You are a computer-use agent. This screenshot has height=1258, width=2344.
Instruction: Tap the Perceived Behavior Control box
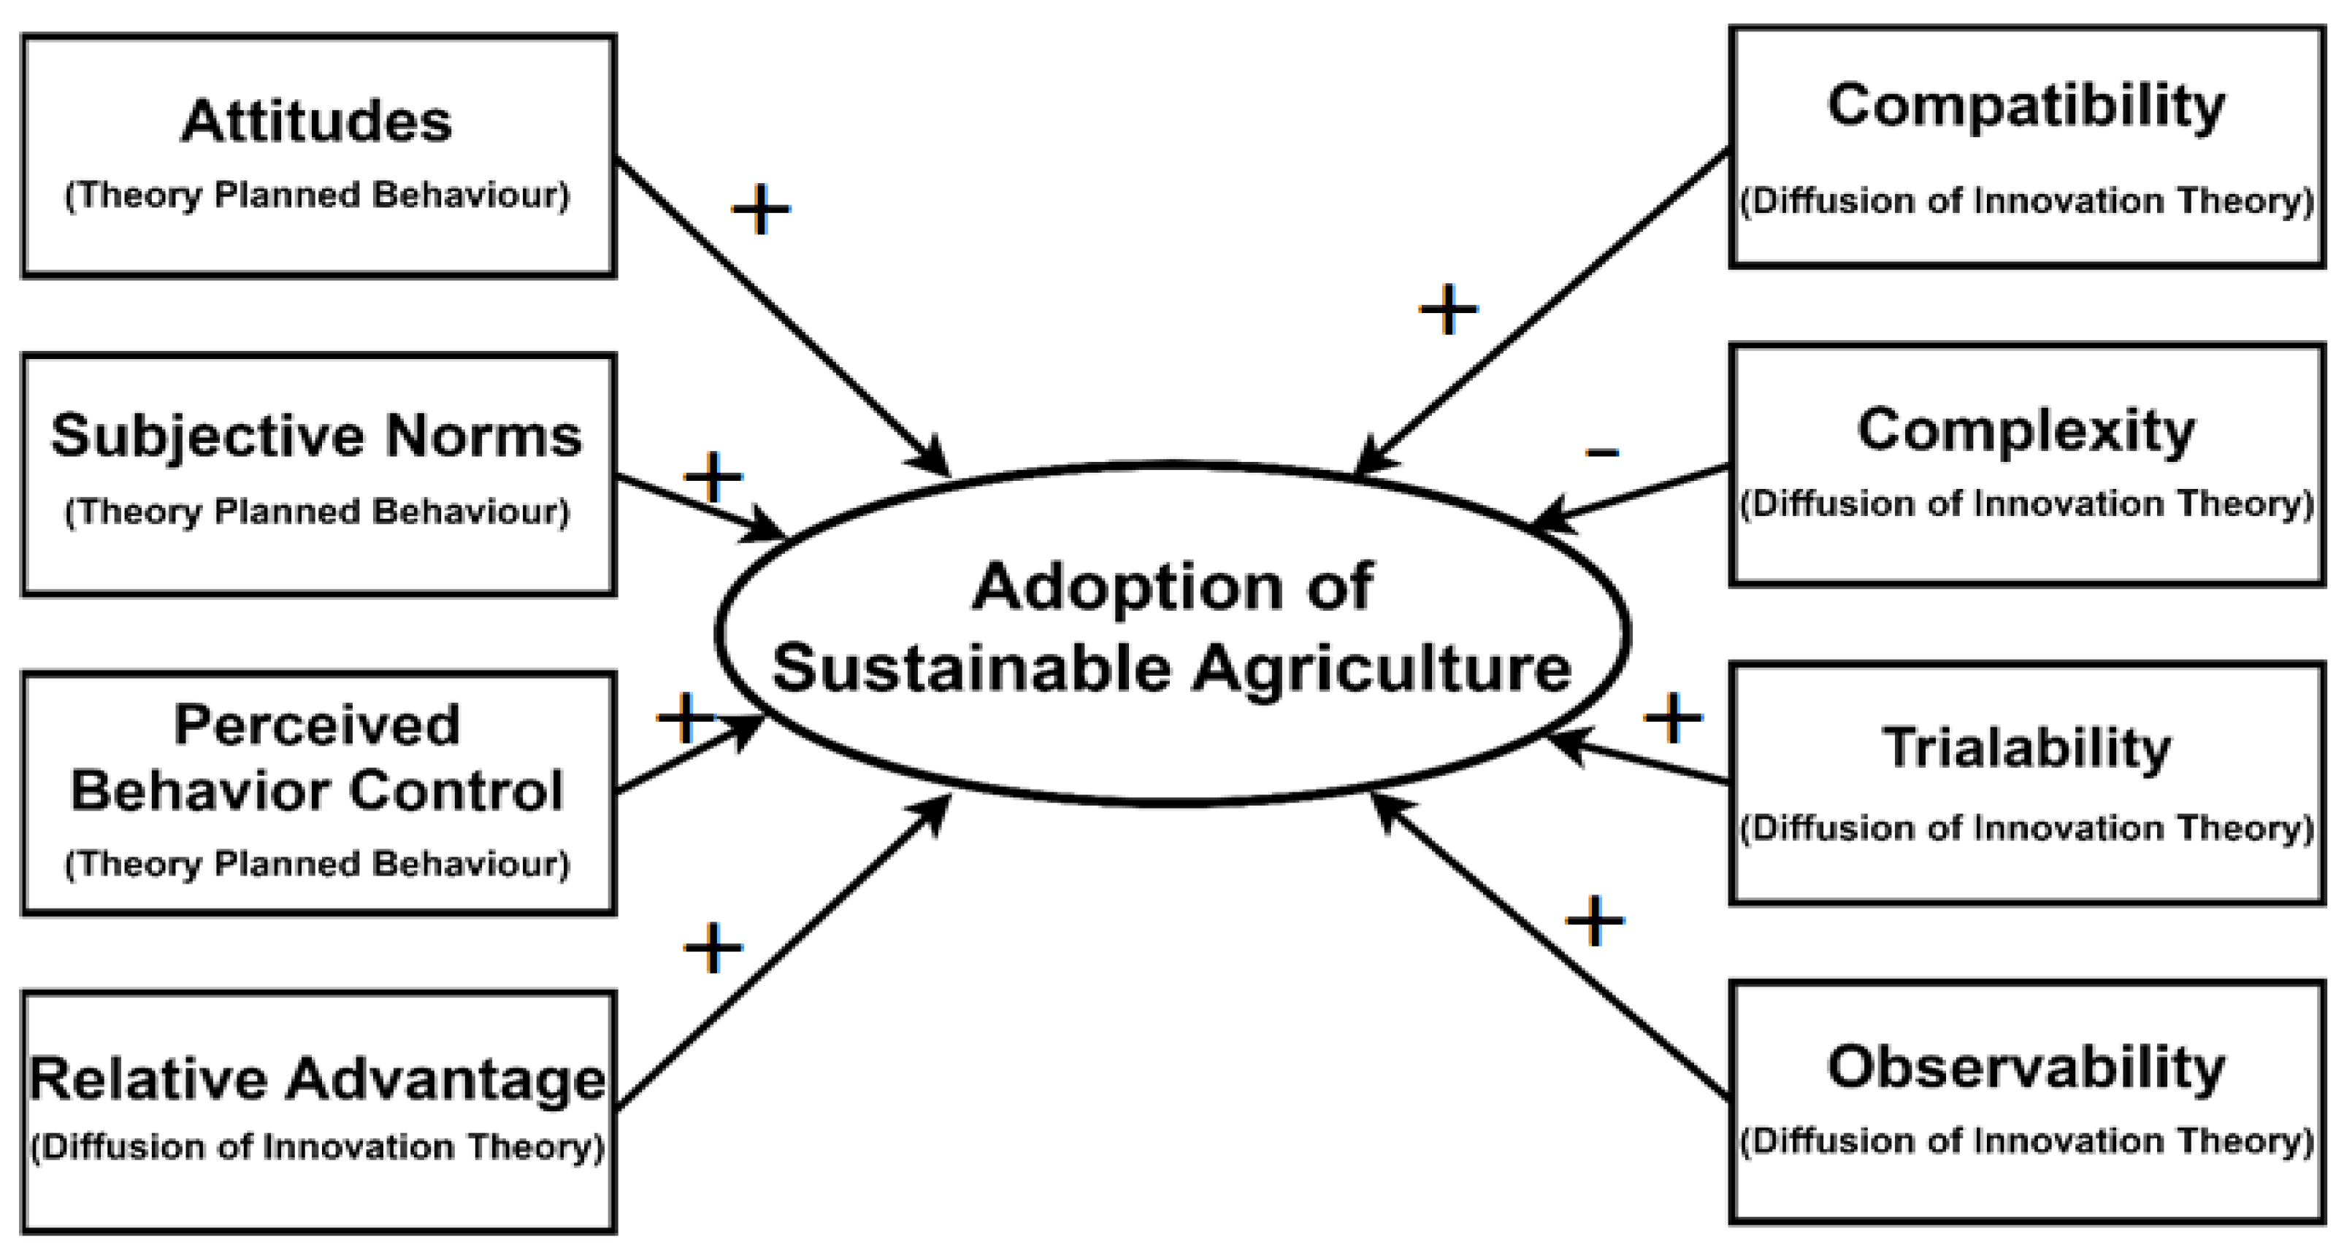coord(318,792)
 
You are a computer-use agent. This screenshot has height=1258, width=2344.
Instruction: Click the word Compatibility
coord(2026,107)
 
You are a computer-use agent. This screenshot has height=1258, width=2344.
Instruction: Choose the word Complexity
coord(2026,431)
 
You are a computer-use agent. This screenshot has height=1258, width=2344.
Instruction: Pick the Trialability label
coord(2026,749)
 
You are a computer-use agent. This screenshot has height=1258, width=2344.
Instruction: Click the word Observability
coord(2026,1068)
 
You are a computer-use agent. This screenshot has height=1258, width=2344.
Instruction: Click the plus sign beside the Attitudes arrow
coord(761,210)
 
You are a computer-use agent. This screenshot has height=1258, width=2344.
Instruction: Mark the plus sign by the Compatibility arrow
coord(1448,310)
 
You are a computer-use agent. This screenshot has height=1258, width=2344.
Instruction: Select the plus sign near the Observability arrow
coord(1594,922)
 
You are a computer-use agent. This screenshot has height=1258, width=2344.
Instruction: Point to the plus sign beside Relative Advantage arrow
coord(713,948)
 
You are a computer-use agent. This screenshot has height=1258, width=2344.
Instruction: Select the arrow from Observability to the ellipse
coord(1547,946)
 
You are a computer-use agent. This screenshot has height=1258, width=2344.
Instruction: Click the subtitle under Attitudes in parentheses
coord(317,196)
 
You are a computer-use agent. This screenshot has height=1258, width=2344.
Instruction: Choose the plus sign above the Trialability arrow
coord(1672,719)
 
